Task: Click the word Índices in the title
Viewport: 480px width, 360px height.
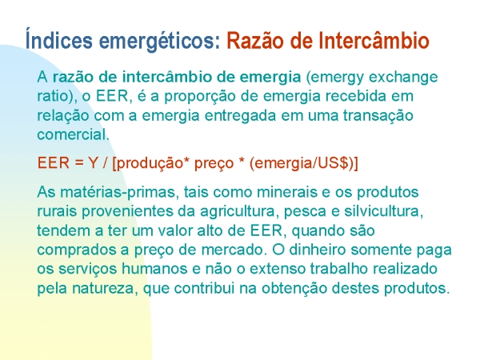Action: [58, 38]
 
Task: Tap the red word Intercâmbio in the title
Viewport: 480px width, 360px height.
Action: [374, 40]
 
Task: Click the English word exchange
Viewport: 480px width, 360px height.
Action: [403, 77]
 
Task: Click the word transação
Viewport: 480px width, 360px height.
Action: [378, 116]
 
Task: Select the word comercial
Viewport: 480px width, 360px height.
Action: [72, 134]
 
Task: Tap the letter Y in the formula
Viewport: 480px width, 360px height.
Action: [93, 162]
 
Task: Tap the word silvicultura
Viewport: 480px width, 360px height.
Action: [383, 211]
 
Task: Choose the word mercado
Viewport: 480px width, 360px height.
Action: [234, 250]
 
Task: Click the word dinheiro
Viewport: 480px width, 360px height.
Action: [317, 250]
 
